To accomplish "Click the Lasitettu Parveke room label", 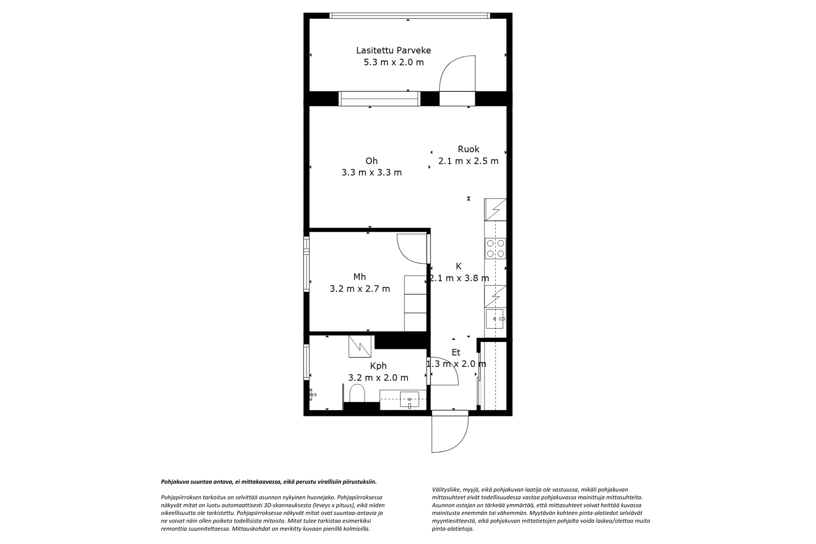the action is click(393, 50).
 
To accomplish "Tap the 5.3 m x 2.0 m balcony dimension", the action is click(394, 62).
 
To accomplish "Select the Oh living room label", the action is click(372, 161).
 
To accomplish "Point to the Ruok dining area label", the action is click(469, 149).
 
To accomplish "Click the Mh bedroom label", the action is click(360, 277).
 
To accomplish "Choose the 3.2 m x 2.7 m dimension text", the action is click(360, 289).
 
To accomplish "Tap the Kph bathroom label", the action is click(378, 366).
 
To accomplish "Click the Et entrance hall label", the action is click(456, 352).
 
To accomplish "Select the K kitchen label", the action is click(458, 266).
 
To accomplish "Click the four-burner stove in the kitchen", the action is click(495, 249).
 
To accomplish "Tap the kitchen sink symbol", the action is click(495, 318).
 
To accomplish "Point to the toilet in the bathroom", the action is click(357, 392).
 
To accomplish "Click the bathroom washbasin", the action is click(410, 400).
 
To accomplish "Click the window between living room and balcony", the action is click(379, 99).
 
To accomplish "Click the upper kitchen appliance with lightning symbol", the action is click(495, 209).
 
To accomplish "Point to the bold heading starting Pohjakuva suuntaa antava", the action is click(269, 482).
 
